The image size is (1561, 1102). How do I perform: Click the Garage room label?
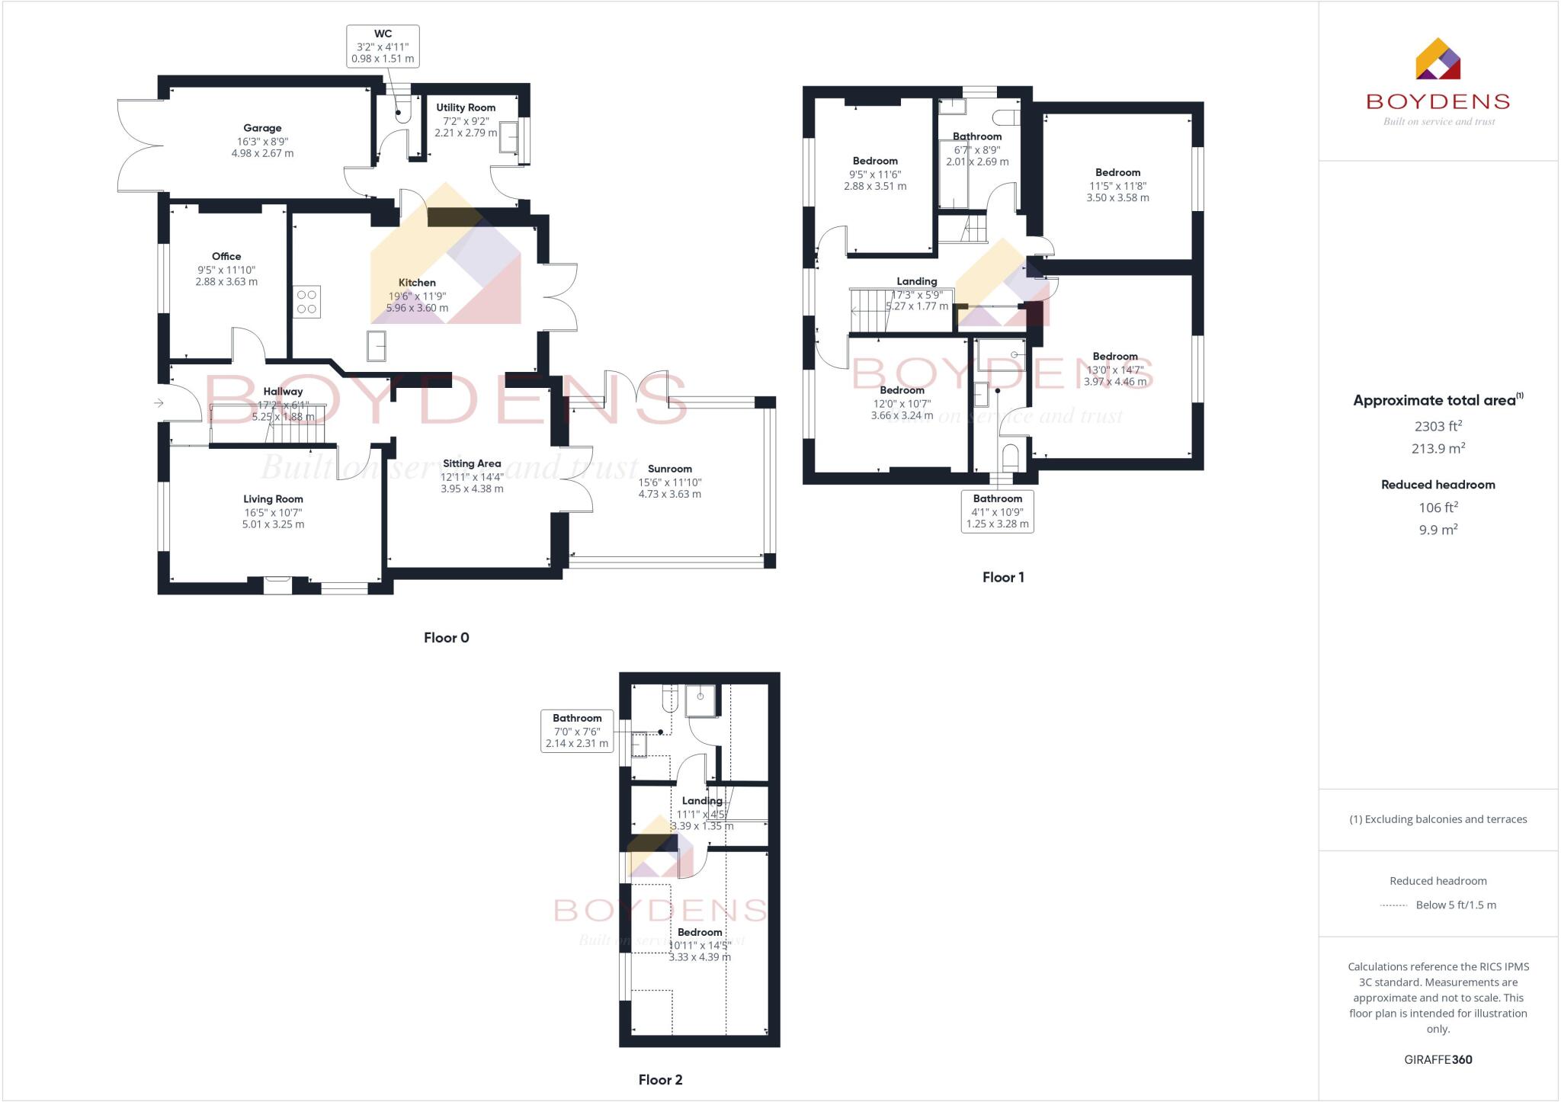[x=262, y=128]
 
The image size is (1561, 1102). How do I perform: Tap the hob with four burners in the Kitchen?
[x=306, y=302]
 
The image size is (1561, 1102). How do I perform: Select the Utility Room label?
[x=466, y=107]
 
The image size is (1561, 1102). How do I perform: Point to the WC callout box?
[x=383, y=46]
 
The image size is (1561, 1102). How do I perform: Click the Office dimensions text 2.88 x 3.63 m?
[x=226, y=282]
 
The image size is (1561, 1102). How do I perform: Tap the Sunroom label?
[x=669, y=469]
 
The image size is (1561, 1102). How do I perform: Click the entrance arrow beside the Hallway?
[x=159, y=402]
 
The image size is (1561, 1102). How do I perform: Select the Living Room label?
[x=273, y=499]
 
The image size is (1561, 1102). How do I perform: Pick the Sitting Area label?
[x=472, y=463]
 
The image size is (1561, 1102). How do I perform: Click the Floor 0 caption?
[x=446, y=638]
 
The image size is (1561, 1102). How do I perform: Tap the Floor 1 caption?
[x=1003, y=577]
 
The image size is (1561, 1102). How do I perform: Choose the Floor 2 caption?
[x=660, y=1079]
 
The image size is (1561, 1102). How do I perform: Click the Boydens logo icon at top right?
[x=1438, y=59]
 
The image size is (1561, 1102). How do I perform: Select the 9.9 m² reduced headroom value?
[x=1438, y=530]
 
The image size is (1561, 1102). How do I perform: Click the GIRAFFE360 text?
[x=1438, y=1059]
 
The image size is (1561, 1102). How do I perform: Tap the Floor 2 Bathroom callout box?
[x=577, y=731]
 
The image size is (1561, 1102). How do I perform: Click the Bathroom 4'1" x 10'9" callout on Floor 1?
[x=997, y=511]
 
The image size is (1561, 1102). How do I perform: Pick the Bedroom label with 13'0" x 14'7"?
[x=1115, y=357]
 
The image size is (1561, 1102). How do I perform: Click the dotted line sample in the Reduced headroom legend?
[x=1393, y=905]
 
